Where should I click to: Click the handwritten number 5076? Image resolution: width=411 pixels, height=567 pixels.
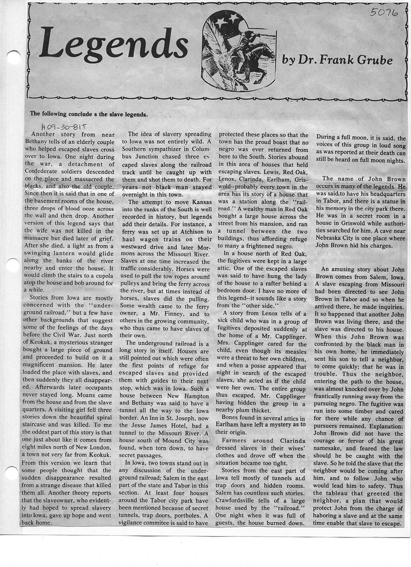pos(384,12)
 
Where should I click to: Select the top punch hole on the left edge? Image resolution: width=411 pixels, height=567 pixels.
pos(13,55)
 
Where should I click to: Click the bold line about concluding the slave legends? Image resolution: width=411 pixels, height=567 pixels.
pos(89,114)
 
